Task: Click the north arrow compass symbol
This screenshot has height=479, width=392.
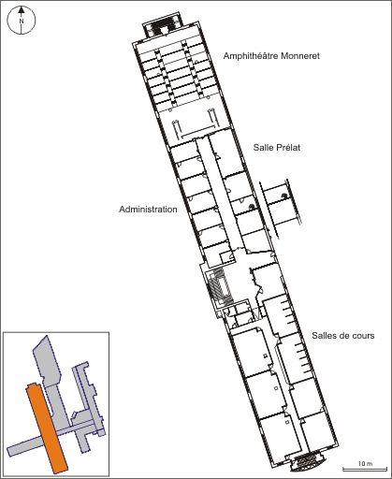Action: [x=22, y=20]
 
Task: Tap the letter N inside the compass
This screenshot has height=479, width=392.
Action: [x=22, y=22]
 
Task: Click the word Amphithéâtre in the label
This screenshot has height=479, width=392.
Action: [x=251, y=56]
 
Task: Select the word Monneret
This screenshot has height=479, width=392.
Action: [x=300, y=56]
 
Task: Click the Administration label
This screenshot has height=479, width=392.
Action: [x=148, y=209]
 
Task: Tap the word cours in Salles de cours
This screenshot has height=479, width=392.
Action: [x=363, y=336]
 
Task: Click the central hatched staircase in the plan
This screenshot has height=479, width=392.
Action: [x=221, y=286]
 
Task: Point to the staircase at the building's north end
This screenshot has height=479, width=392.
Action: [x=162, y=26]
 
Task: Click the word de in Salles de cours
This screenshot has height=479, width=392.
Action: [x=343, y=336]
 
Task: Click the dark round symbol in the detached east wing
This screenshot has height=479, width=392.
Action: [x=283, y=196]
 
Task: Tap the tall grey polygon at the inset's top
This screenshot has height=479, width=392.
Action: [x=48, y=360]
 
